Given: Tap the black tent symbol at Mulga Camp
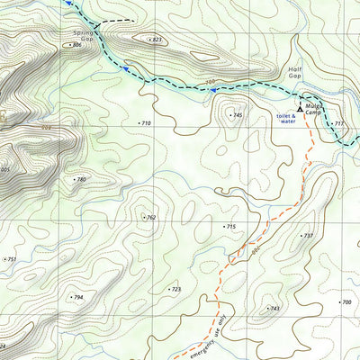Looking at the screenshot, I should pyautogui.click(x=300, y=106).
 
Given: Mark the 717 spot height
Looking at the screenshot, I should pyautogui.click(x=337, y=123).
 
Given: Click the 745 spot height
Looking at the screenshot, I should pyautogui.click(x=237, y=115).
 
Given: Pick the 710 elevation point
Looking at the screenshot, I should pyautogui.click(x=146, y=122).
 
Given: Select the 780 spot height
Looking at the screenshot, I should pyautogui.click(x=80, y=180).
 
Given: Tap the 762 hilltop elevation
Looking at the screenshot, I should pyautogui.click(x=150, y=217).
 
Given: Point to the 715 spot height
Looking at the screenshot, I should pyautogui.click(x=229, y=227).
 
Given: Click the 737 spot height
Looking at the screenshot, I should pyautogui.click(x=307, y=236).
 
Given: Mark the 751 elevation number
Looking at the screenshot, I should pyautogui.click(x=11, y=259).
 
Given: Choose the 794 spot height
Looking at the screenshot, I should pyautogui.click(x=77, y=297).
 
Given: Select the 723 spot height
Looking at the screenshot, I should pyautogui.click(x=175, y=289).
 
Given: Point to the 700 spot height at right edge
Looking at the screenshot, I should pyautogui.click(x=346, y=302).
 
